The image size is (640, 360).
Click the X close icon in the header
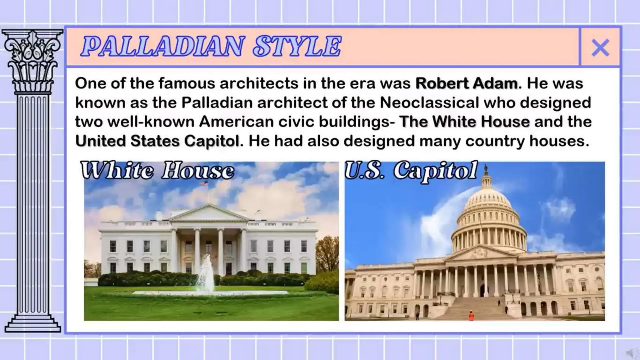click(x=600, y=47)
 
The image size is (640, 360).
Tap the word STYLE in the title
click(x=297, y=47)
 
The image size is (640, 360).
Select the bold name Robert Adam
click(x=467, y=83)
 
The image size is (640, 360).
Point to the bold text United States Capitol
click(x=157, y=141)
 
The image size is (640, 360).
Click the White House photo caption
click(x=157, y=171)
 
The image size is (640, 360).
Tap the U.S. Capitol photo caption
click(x=411, y=171)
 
